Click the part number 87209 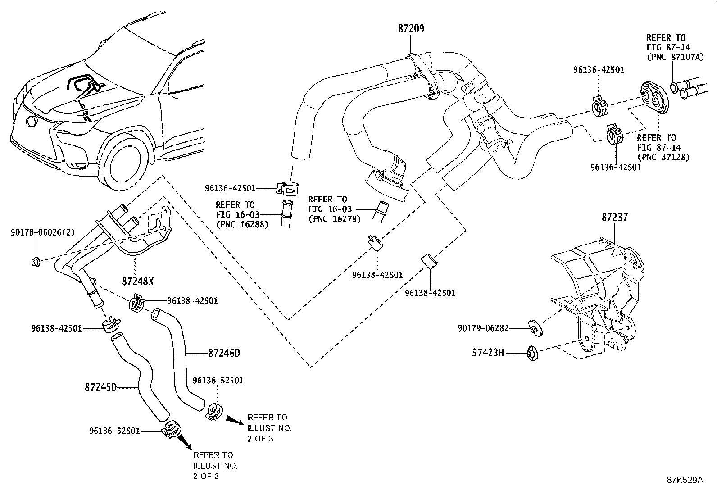411,29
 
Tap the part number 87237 615,218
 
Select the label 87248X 138,282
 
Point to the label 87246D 224,353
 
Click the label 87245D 100,387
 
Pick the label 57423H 488,353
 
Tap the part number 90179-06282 483,328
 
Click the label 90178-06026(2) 43,232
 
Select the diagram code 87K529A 685,480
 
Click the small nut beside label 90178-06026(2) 35,262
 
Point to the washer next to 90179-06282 535,328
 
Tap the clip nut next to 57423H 532,354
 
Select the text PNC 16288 242,224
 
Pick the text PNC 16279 335,219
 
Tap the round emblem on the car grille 32,123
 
